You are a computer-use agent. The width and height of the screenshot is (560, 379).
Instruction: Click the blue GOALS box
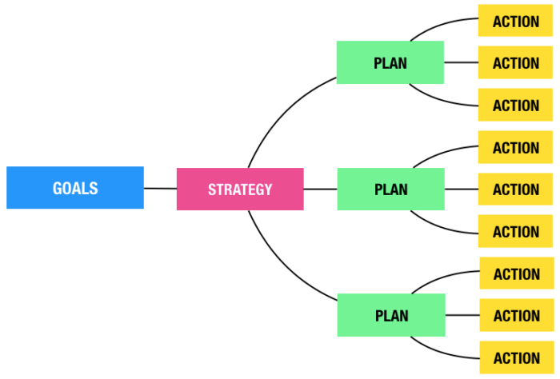point(75,188)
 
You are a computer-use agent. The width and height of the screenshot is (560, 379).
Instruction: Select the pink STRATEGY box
point(240,189)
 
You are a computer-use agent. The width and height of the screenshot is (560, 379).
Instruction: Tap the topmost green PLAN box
point(390,62)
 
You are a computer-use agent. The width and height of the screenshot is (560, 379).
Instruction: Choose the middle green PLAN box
point(390,189)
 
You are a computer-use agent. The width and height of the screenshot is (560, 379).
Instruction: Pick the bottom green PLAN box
point(391,315)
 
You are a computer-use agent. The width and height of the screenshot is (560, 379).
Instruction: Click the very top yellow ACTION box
point(516,21)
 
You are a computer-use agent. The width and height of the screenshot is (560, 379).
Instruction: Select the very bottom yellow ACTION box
point(516,357)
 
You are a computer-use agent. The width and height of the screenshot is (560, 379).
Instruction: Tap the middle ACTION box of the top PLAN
point(516,63)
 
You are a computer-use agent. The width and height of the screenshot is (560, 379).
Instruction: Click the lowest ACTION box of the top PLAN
point(516,106)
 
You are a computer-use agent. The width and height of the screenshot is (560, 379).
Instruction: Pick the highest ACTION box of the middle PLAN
point(516,148)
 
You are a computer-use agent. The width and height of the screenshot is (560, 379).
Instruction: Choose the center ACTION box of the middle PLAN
point(516,189)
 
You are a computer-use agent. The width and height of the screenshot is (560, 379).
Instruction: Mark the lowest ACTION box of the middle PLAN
point(516,232)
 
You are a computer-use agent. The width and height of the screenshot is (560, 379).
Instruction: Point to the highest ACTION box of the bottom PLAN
point(516,274)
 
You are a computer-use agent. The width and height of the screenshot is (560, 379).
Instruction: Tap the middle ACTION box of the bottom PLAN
point(516,316)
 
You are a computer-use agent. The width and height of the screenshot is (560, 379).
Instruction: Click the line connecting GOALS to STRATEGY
point(160,189)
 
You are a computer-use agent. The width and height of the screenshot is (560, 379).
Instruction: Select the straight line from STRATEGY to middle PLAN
point(320,189)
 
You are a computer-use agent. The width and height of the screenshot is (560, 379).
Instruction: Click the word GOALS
point(75,189)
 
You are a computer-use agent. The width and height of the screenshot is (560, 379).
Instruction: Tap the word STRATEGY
point(240,190)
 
